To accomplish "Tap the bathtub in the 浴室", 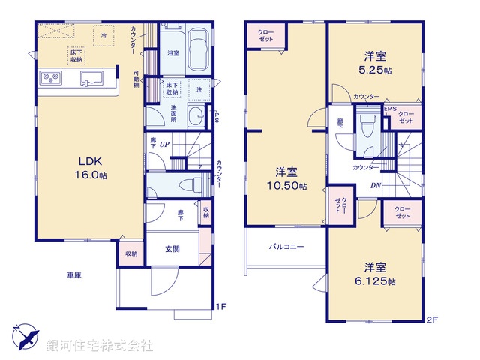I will click(198, 49).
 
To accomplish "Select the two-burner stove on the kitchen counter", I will click(52, 77).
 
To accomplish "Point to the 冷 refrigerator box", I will click(103, 34).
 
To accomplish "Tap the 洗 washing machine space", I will click(199, 89).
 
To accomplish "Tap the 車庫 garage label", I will click(72, 275).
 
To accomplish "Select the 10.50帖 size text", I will click(290, 185).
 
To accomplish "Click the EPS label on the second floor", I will click(390, 108).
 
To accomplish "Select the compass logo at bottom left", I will click(22, 338).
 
